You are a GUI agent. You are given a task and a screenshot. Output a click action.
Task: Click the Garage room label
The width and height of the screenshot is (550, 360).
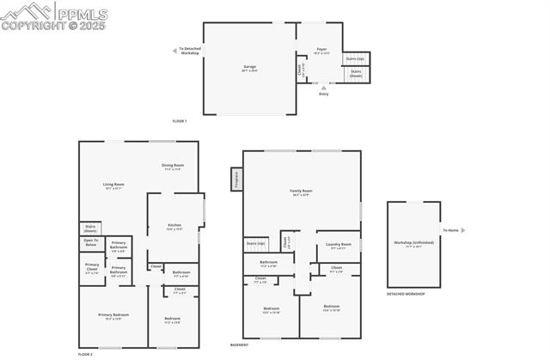pos(249,67)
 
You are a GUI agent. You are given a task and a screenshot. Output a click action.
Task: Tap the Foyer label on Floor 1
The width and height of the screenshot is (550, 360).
pos(322,51)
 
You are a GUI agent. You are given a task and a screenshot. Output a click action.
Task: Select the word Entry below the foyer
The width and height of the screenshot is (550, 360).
pos(323,94)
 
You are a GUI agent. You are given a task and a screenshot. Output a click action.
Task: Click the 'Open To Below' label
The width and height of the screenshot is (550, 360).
pos(91,243)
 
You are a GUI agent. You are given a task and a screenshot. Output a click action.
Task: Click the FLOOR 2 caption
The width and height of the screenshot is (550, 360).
pos(85,354)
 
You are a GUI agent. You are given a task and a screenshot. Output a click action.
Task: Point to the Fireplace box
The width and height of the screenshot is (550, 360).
pos(235,179)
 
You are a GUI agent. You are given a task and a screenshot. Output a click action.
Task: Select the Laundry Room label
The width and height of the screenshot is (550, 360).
pos(339,245)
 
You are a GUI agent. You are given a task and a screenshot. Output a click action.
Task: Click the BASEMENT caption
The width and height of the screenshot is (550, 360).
pos(240,345)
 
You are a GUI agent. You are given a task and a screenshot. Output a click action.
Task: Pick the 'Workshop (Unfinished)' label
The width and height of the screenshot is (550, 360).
pos(414,242)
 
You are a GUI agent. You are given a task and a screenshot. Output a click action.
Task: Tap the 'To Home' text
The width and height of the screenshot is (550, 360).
pos(451,230)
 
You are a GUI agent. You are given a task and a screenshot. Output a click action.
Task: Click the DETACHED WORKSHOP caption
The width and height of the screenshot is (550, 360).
pos(406,294)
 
